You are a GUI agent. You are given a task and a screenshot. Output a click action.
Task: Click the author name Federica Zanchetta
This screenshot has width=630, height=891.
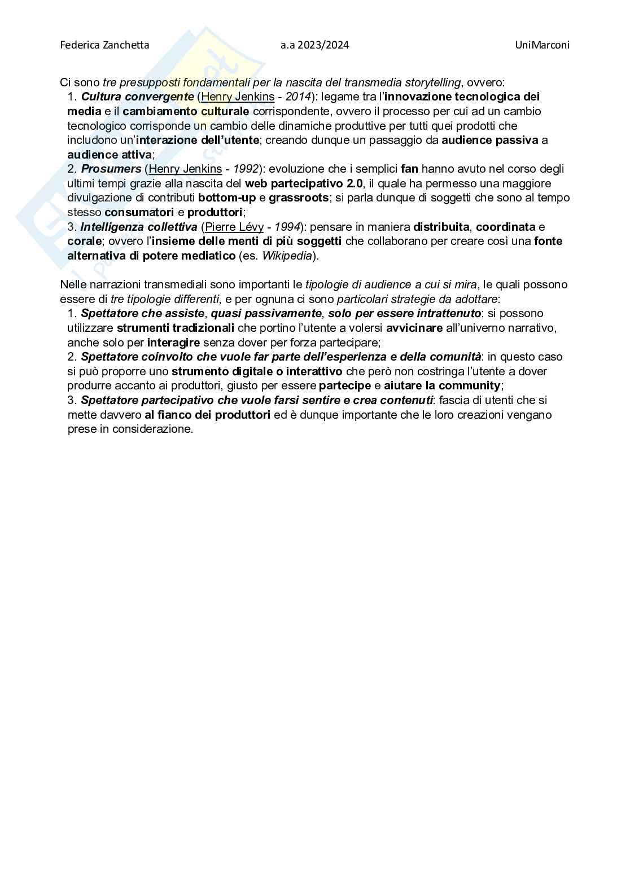point(104,45)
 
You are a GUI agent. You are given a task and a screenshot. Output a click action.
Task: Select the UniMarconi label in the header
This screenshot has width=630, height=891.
point(542,45)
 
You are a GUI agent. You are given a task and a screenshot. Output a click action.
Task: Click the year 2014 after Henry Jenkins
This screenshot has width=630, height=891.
point(299,96)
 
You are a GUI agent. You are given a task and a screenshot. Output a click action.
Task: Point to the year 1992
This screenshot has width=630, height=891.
point(247,169)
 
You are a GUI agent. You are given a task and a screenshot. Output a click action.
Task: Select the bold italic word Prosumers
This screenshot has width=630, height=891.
point(111,169)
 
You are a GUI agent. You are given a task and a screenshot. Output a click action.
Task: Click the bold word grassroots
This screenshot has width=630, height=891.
point(299,197)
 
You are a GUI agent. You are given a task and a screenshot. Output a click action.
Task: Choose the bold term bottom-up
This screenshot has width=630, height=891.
point(227,197)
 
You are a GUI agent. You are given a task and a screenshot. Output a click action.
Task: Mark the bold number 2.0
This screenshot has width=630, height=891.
point(351,183)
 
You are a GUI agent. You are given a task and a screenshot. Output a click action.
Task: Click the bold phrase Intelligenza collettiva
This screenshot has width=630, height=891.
point(139,227)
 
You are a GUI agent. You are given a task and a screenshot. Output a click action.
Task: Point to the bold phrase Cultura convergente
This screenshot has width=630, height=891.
point(137,96)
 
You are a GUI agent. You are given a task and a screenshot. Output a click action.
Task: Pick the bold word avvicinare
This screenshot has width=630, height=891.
point(414,328)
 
